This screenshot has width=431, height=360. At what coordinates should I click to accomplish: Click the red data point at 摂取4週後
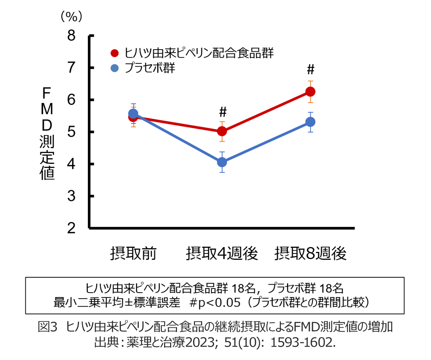(x=222, y=131)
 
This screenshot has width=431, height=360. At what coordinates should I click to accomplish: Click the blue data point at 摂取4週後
(x=222, y=162)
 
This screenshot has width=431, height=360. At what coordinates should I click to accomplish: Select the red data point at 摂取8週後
(x=310, y=92)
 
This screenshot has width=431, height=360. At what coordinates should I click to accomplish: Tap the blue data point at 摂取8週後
(x=310, y=121)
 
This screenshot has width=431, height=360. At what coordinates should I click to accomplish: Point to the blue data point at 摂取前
(x=133, y=114)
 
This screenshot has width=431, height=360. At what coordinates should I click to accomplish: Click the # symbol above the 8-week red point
(x=310, y=70)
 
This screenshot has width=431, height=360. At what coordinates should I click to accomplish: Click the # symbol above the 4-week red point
(x=223, y=111)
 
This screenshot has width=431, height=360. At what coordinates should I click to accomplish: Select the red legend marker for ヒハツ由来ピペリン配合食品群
(x=115, y=53)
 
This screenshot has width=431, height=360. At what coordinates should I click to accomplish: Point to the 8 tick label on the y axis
(x=71, y=36)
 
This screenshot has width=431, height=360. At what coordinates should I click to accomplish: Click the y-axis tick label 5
(x=71, y=132)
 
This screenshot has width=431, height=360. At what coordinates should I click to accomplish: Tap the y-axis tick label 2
(x=71, y=228)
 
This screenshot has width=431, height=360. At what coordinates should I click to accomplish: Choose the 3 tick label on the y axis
(x=71, y=196)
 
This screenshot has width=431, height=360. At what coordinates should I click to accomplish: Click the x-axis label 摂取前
(x=133, y=254)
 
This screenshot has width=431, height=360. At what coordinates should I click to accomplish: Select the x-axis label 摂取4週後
(x=222, y=254)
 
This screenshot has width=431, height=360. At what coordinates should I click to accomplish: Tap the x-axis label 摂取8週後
(x=310, y=254)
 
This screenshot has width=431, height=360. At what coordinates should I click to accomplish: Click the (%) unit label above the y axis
(x=71, y=16)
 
